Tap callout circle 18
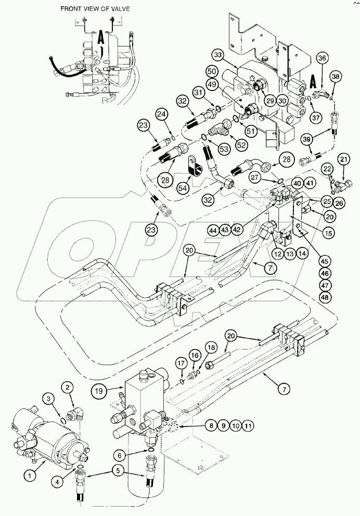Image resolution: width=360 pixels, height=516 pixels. (211, 347)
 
